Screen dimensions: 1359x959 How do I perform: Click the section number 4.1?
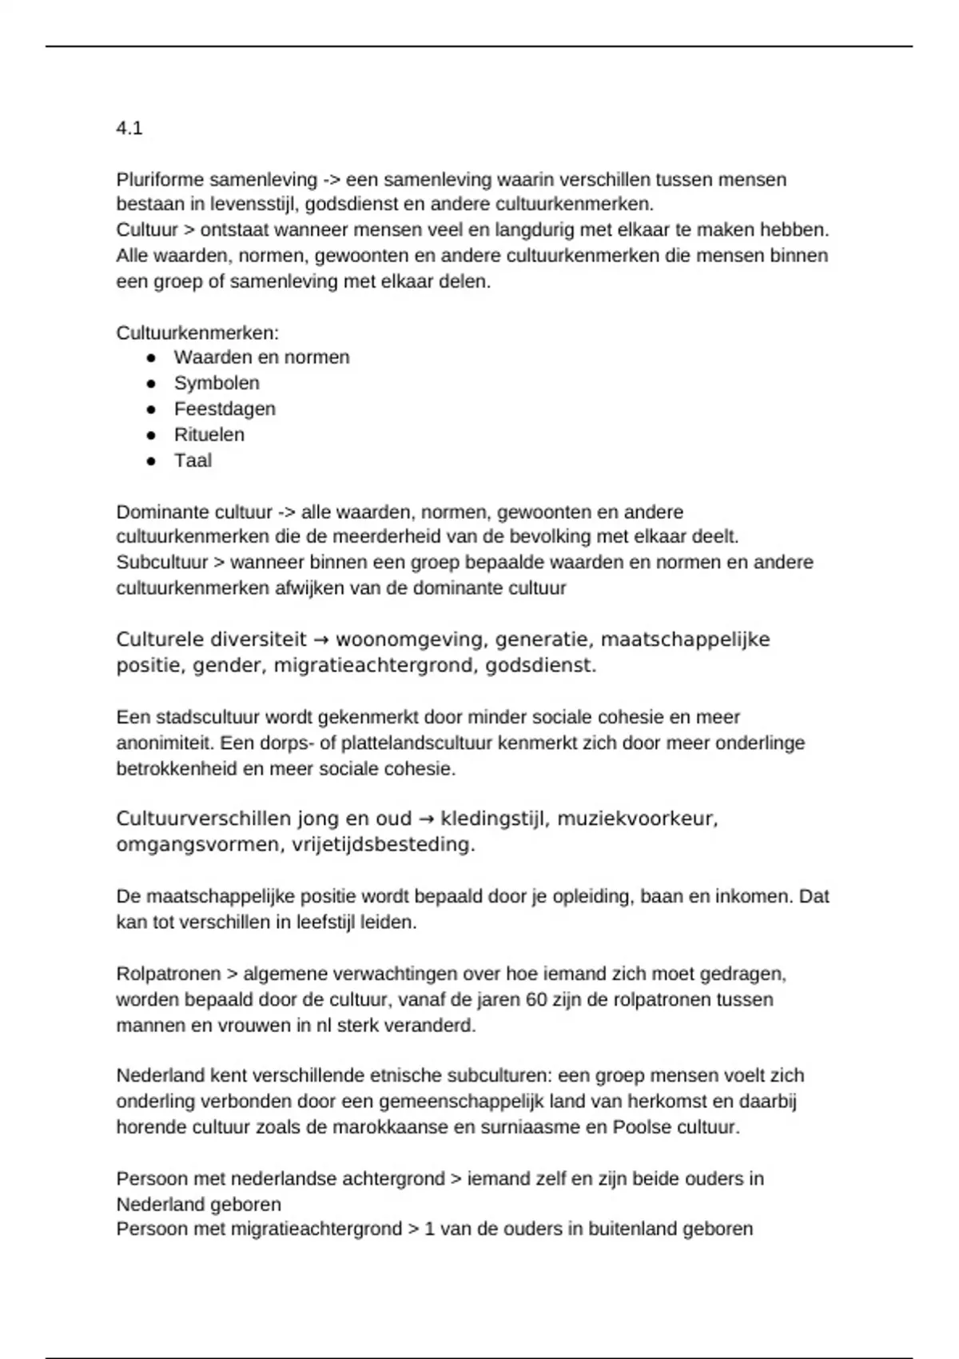(129, 128)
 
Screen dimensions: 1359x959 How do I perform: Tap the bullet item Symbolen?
(217, 383)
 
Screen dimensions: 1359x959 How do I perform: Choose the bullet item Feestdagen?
(225, 408)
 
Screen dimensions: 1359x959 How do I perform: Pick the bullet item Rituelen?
(209, 435)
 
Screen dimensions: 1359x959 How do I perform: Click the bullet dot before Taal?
(151, 461)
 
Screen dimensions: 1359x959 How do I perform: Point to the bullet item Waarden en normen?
(261, 357)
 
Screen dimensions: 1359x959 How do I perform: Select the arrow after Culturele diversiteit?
(321, 640)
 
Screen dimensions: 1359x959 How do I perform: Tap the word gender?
(233, 666)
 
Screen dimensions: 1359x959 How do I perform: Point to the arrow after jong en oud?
(426, 819)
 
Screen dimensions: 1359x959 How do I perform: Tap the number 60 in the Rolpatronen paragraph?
(537, 1000)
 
